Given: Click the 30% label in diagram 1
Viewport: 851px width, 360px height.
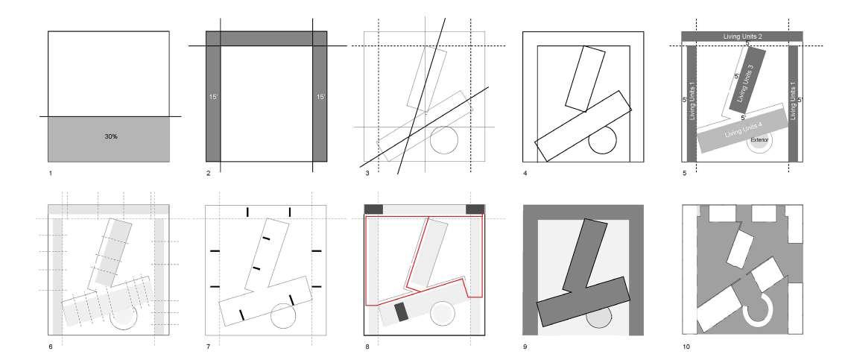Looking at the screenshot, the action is pyautogui.click(x=109, y=137).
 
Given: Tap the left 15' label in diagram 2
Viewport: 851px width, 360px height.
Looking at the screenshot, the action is pyautogui.click(x=212, y=97).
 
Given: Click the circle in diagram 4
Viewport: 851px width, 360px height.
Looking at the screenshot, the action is pyautogui.click(x=603, y=139).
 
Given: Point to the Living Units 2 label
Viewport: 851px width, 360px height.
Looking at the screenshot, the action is pyautogui.click(x=741, y=36).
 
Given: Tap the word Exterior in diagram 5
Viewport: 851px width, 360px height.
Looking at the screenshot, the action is pyautogui.click(x=759, y=139).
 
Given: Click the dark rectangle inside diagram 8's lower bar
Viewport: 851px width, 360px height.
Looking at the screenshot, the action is pyautogui.click(x=402, y=312).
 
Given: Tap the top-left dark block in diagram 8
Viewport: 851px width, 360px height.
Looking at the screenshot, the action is pyautogui.click(x=373, y=209).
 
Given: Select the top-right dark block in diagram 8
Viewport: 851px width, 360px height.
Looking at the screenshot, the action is pyautogui.click(x=475, y=209).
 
